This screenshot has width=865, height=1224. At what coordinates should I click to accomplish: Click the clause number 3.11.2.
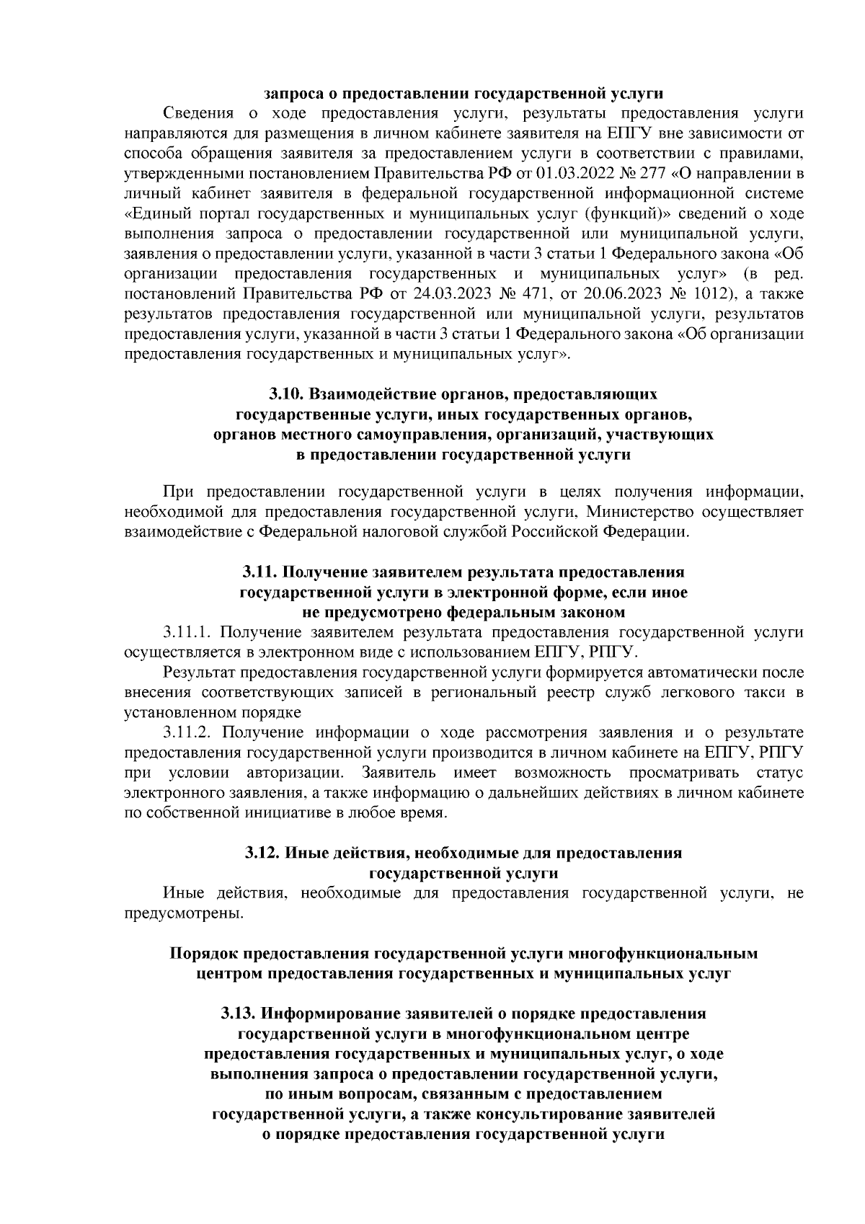pos(187,733)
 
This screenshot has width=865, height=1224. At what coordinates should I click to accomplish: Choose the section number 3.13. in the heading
pos(238,1014)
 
